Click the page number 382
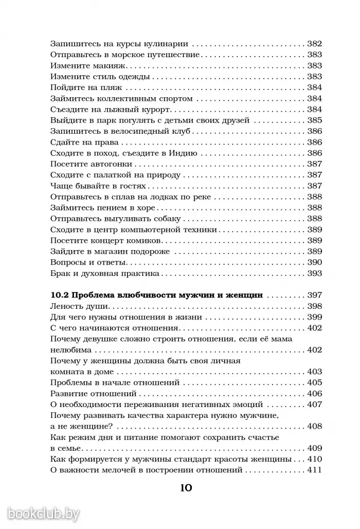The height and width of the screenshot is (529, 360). [314, 44]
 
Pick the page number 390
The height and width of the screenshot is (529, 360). [314, 262]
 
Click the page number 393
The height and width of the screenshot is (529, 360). [314, 273]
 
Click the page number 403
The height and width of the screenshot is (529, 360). [314, 372]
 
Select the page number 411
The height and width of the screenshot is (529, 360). [314, 470]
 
